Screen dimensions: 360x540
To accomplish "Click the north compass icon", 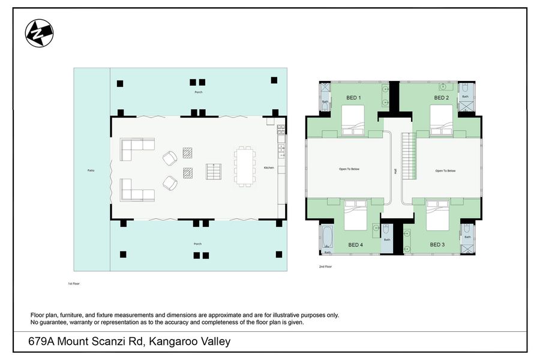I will tap(39, 34).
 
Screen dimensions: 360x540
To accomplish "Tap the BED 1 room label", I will tap(353, 97).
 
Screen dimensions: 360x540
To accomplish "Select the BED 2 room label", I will tap(441, 97).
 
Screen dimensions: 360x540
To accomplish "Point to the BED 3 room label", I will tap(437, 245).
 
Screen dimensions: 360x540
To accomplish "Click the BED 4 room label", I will tap(356, 245).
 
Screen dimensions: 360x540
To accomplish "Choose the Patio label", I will tap(91, 170).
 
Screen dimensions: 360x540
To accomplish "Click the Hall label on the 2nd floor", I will tap(395, 171).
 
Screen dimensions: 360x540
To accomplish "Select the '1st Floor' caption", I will tap(74, 283).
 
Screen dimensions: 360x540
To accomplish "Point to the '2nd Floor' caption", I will tap(326, 266).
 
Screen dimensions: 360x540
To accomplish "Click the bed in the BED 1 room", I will tap(353, 120).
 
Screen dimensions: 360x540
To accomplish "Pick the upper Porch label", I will tap(198, 92).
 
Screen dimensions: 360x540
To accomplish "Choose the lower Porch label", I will tap(197, 244).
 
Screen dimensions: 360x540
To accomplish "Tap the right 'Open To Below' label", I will tap(445, 170).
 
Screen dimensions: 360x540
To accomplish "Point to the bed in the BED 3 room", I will tap(437, 216).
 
